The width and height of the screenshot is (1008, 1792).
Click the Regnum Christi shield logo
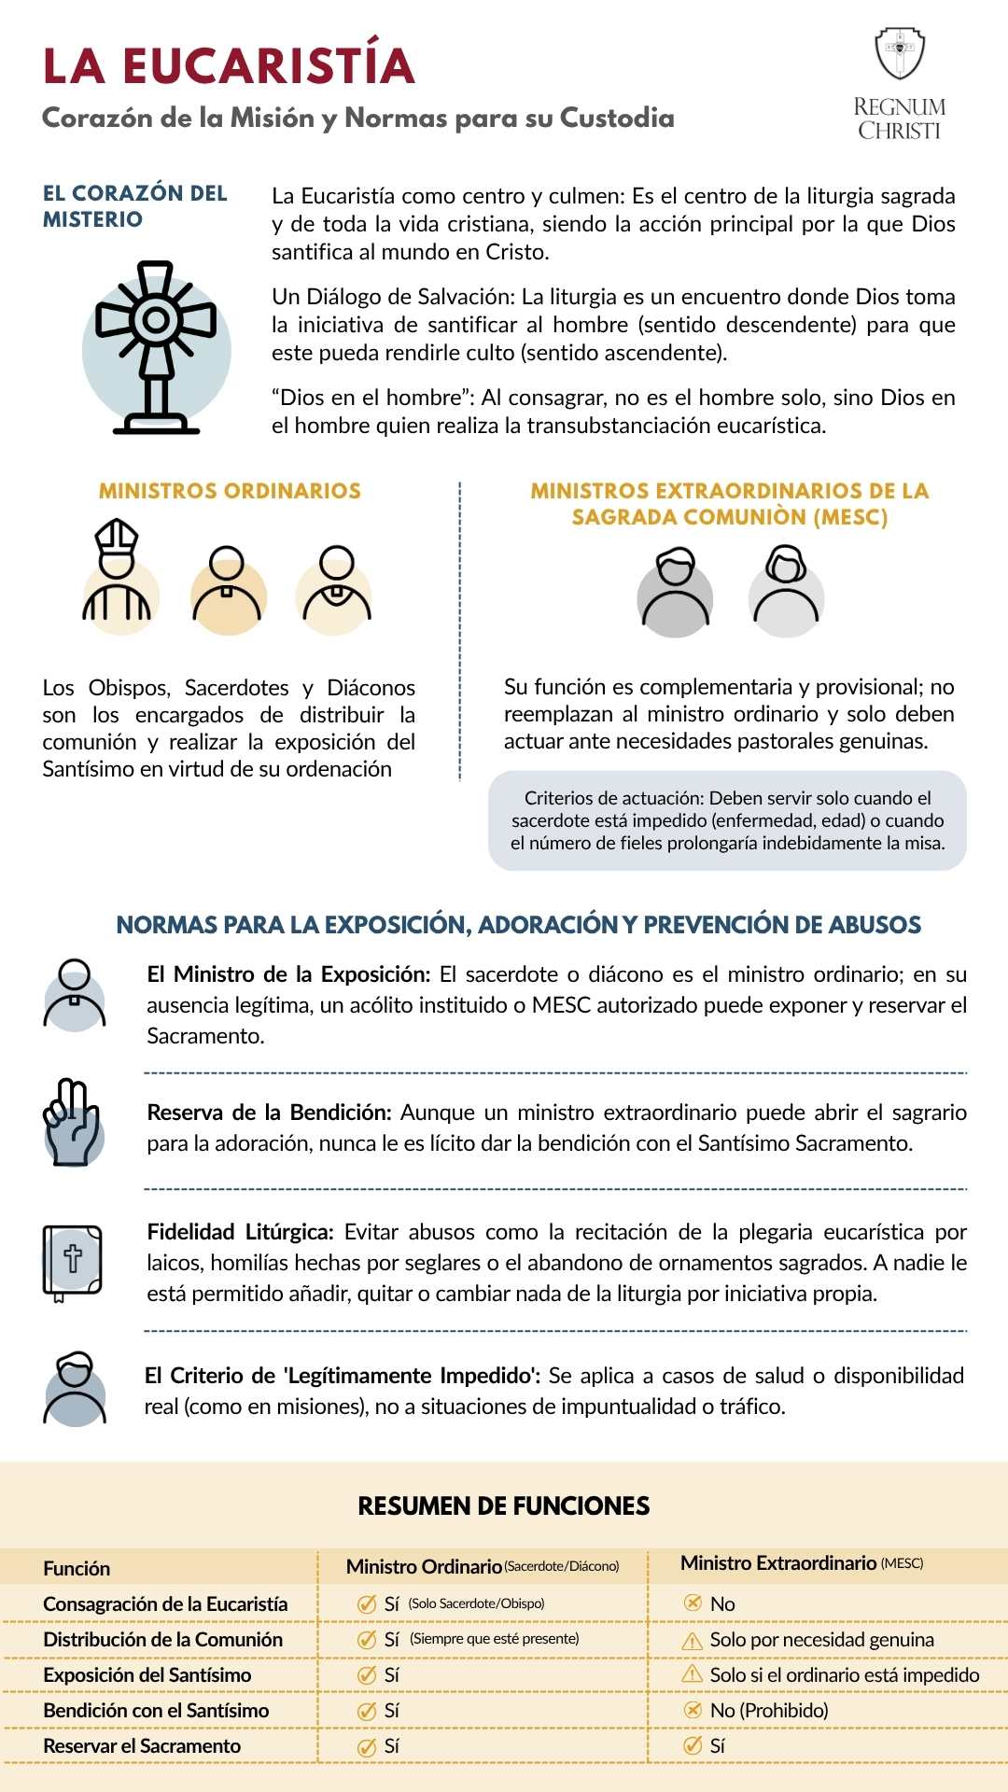(899, 53)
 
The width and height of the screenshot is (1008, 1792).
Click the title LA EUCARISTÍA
(229, 66)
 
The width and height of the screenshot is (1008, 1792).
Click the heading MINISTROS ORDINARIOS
(230, 491)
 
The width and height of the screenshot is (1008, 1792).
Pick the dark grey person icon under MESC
(675, 592)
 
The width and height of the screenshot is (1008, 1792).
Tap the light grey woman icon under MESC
(786, 592)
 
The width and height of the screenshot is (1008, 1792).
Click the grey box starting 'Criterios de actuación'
(727, 820)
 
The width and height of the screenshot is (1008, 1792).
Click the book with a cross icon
(73, 1263)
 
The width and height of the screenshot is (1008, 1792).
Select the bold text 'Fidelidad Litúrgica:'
(240, 1232)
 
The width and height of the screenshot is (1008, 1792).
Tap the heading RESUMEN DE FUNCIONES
(504, 1505)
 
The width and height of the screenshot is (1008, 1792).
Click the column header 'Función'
(77, 1568)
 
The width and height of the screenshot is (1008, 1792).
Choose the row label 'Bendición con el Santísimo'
(156, 1710)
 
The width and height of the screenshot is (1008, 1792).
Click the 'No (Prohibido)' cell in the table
(768, 1710)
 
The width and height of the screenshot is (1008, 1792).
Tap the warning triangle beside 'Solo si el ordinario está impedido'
(693, 1674)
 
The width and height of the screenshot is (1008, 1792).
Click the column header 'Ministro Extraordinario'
(778, 1563)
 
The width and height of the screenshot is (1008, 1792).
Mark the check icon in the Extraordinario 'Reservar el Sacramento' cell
(693, 1745)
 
